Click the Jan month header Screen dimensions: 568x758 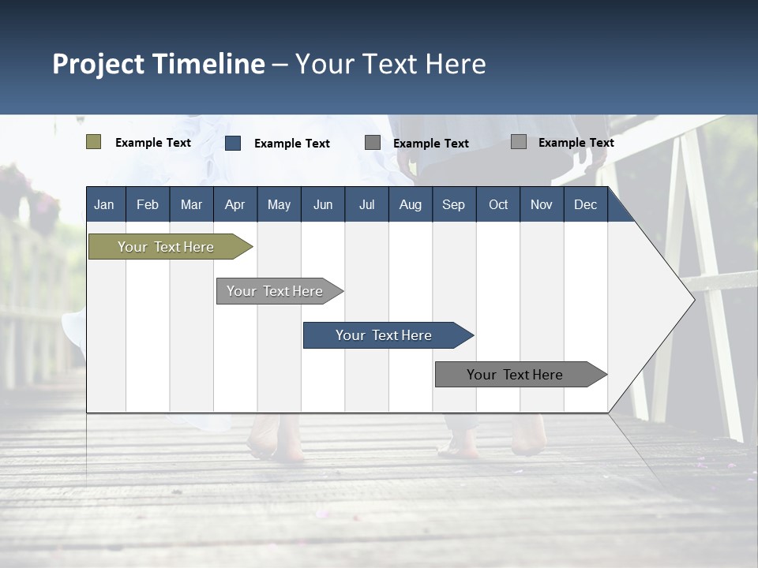point(104,204)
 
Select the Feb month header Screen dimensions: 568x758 point(148,204)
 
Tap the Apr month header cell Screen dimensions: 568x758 point(235,204)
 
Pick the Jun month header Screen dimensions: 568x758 point(323,204)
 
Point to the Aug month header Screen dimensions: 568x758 point(410,204)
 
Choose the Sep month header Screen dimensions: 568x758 point(453,204)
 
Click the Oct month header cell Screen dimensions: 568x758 point(498,204)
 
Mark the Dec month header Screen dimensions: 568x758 point(585,204)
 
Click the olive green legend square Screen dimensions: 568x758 point(93,142)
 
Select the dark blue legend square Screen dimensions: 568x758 point(233,143)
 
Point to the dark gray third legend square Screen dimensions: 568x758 point(373,142)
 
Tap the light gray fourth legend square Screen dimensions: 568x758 point(519,142)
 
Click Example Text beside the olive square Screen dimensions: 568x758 point(153,143)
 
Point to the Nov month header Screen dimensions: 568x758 point(541,204)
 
